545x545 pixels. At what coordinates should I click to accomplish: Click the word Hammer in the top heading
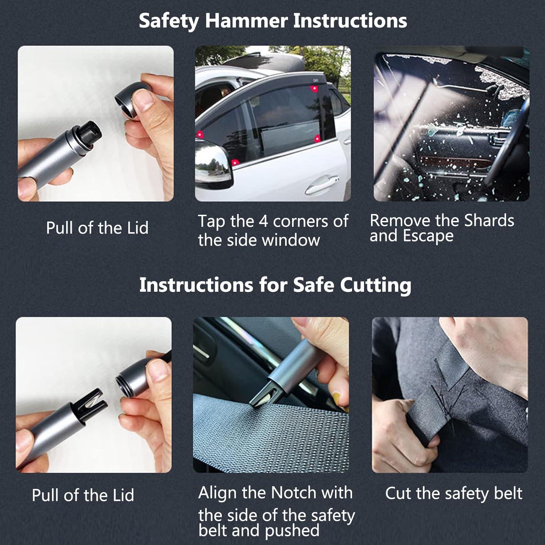(246, 21)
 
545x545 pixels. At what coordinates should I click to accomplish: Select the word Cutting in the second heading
(375, 285)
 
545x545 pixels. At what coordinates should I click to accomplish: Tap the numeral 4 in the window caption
(263, 221)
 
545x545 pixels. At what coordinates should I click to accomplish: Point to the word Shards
(489, 221)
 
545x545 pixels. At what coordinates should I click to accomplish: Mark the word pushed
(292, 530)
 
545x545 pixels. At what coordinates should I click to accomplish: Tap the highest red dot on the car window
(313, 89)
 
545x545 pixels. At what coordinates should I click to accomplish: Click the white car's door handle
(321, 183)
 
